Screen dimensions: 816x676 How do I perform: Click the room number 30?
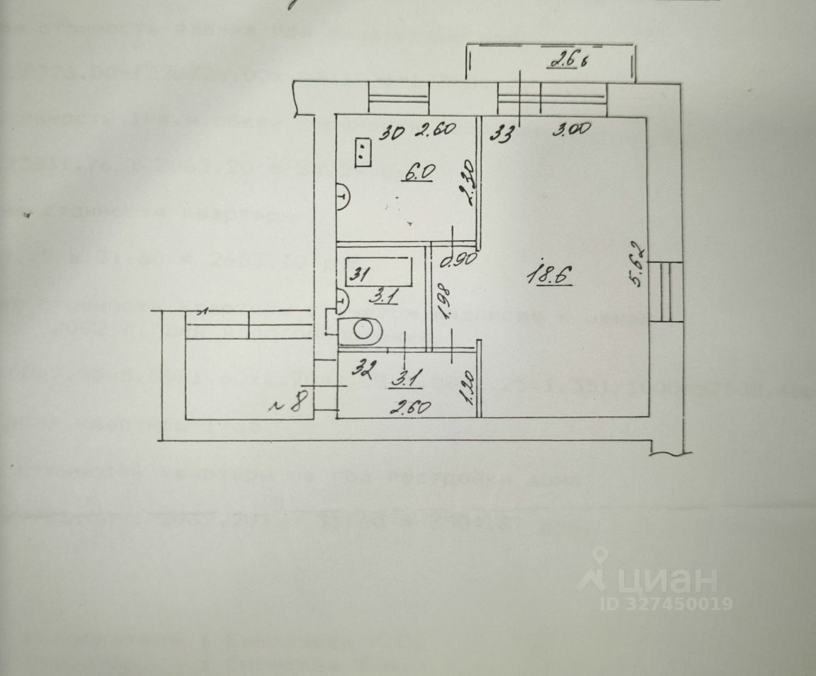[386, 133]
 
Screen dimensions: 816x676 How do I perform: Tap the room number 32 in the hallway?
[365, 369]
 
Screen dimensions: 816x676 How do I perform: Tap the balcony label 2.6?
[564, 62]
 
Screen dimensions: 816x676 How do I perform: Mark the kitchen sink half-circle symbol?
[342, 197]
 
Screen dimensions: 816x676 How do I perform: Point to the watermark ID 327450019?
[666, 604]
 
